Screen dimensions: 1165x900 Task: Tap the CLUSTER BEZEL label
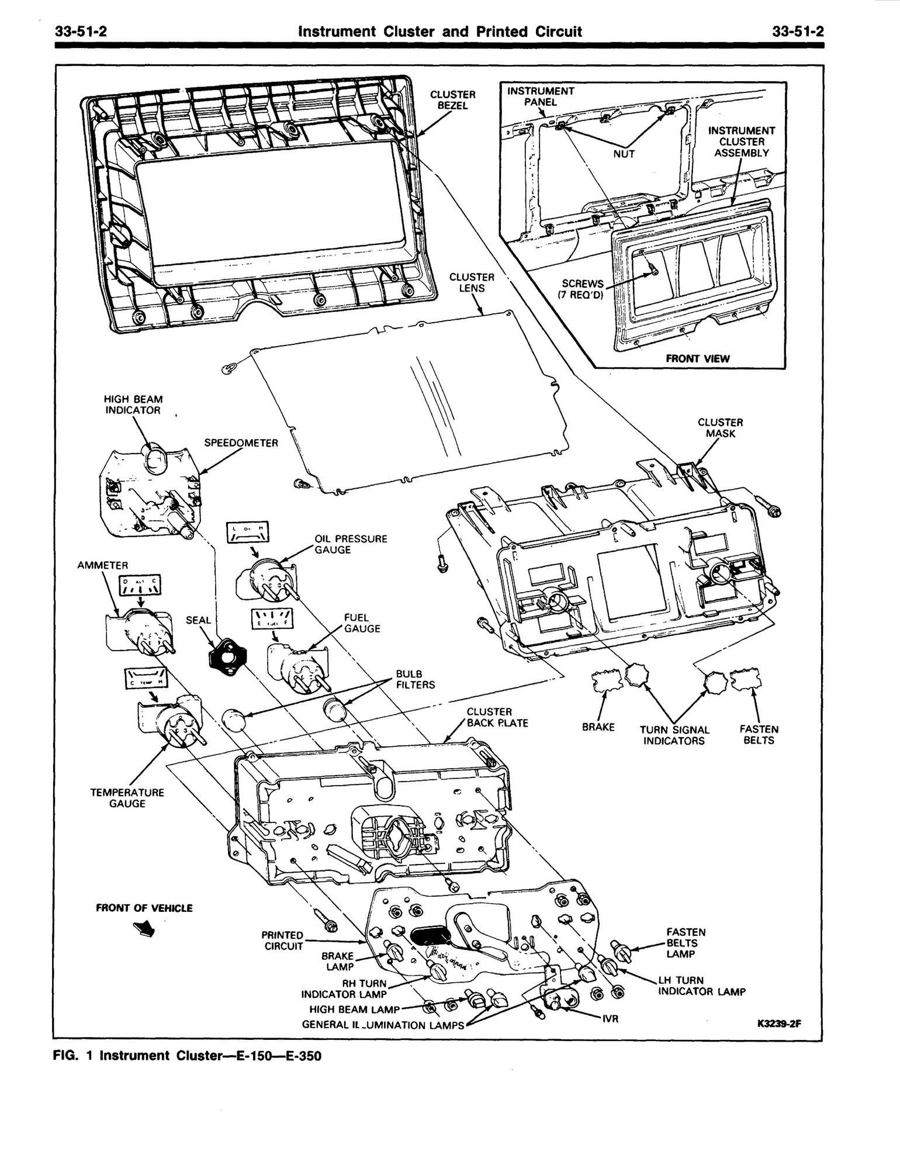tap(453, 100)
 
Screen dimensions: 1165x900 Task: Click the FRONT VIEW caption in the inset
tap(698, 358)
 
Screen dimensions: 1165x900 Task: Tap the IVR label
tap(611, 1019)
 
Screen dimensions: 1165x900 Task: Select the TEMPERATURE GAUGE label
tap(127, 798)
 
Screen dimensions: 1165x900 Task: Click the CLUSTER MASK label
tap(720, 427)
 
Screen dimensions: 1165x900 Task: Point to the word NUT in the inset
tap(624, 154)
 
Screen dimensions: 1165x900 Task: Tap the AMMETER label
tap(102, 565)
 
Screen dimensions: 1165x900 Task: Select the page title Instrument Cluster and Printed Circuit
tap(440, 32)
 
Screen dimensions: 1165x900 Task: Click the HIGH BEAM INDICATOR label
tap(133, 405)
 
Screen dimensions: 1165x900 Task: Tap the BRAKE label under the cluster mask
tap(598, 727)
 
